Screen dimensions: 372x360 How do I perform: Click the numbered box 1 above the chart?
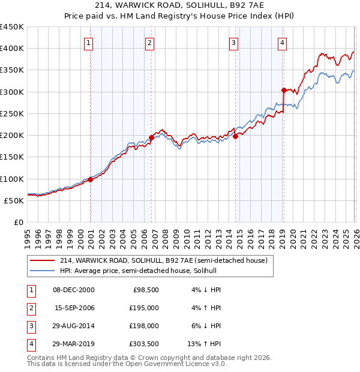[x=89, y=43]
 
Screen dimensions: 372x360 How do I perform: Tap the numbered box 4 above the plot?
[x=282, y=43]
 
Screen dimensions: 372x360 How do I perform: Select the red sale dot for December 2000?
[x=90, y=179]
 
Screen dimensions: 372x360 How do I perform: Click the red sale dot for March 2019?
[x=284, y=90]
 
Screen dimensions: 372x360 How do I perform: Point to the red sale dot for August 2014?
[x=235, y=136]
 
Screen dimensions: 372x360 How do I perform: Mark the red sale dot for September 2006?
[x=151, y=137]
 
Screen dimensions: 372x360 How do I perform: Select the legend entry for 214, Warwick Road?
[x=167, y=260]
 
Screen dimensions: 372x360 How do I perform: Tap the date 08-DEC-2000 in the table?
[x=74, y=290]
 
